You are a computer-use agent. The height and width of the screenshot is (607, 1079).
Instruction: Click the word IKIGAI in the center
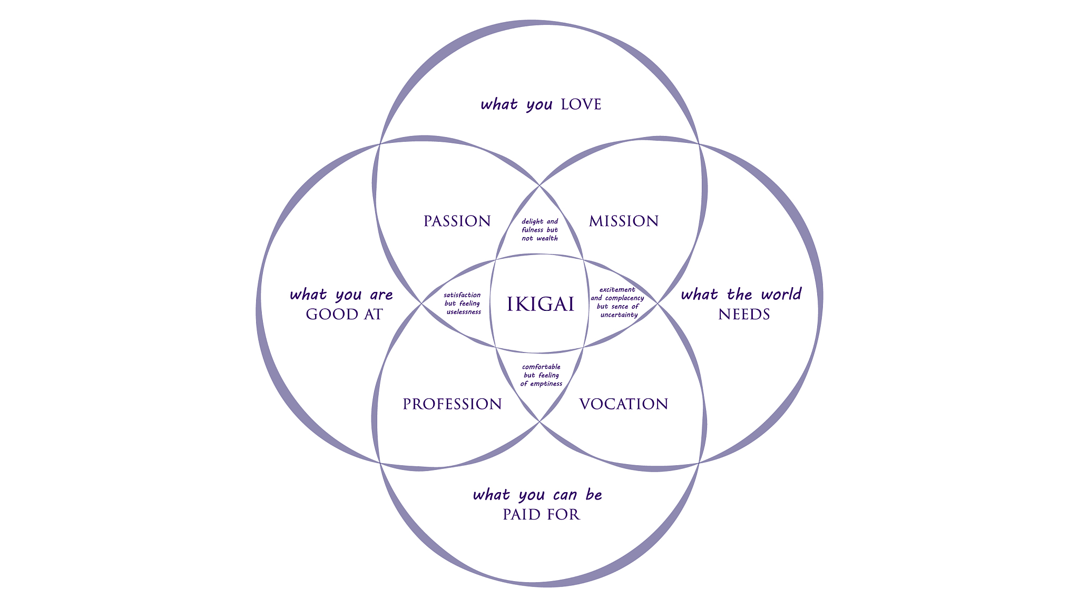click(540, 305)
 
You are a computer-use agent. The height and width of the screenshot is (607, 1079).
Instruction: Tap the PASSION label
click(457, 221)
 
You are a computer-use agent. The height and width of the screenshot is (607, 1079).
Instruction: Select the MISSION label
click(624, 221)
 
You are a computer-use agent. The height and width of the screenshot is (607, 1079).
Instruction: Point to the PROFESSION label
click(452, 404)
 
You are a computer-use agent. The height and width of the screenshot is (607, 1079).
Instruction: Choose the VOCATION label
click(624, 404)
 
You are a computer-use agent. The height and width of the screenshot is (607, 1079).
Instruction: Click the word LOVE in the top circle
click(581, 105)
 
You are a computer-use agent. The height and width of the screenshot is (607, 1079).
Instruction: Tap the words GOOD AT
click(344, 315)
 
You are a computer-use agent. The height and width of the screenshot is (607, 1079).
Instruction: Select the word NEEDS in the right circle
click(744, 315)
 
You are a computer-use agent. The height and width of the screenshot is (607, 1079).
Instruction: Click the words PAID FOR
click(541, 515)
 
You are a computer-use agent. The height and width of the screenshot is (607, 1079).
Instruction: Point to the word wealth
click(547, 239)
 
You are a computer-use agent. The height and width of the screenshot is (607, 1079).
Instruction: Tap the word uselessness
click(464, 312)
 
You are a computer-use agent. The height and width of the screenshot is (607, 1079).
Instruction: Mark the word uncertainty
click(619, 315)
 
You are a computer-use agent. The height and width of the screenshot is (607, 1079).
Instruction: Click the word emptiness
click(546, 384)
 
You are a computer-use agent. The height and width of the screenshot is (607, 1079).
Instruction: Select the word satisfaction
click(462, 295)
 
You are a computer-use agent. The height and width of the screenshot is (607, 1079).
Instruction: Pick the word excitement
click(617, 290)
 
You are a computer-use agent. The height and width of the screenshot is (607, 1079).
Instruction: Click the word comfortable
click(541, 367)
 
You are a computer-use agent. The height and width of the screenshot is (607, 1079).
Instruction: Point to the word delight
click(532, 222)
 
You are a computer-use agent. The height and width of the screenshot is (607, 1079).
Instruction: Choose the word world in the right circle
click(780, 295)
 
